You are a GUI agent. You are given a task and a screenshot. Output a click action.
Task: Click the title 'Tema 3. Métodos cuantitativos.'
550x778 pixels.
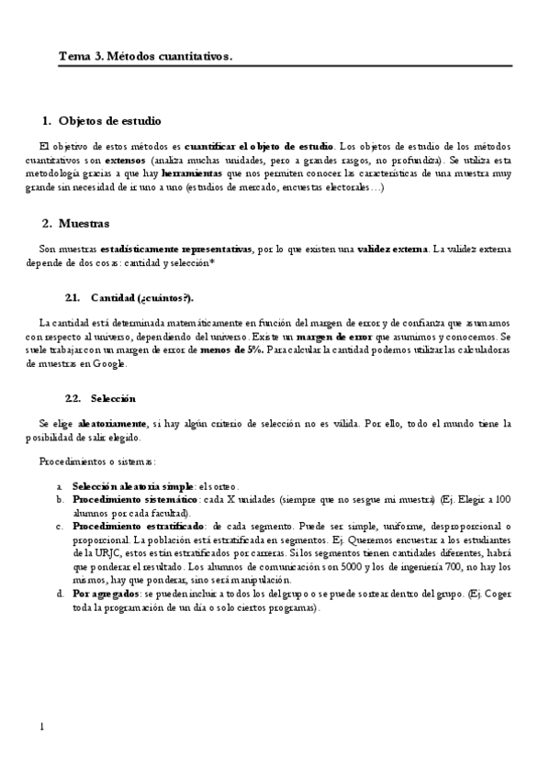coord(145,57)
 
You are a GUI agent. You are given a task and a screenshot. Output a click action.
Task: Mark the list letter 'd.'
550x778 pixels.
coord(60,595)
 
